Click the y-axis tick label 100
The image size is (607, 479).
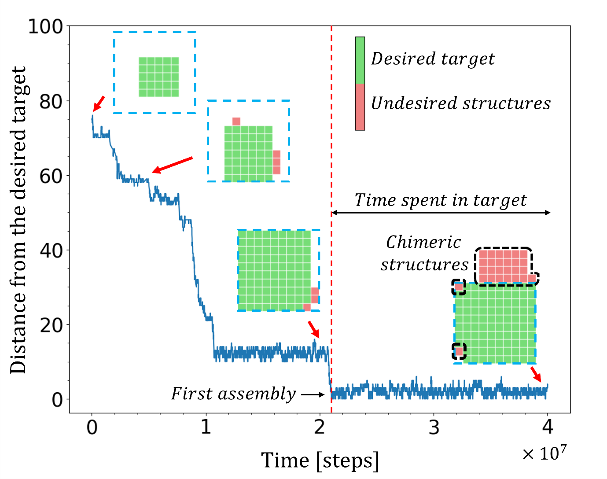point(46,26)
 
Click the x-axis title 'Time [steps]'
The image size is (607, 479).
point(320,461)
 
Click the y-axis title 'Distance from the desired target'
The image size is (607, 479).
point(18,220)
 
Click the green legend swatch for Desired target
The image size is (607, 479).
point(360,60)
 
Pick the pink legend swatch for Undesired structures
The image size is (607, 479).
point(360,107)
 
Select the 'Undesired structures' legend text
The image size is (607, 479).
point(461,103)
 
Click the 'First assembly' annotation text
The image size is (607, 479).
point(233,394)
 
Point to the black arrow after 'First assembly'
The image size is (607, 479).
point(313,395)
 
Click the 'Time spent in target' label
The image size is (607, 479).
point(441,200)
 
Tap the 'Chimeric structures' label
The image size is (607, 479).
point(424,254)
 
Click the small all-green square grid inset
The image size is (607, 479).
point(158,77)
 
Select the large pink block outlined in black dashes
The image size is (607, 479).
point(503,265)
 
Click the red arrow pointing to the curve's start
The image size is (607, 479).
point(99,104)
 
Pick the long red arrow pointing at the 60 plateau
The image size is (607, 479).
point(173,165)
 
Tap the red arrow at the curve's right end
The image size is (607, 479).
point(536,374)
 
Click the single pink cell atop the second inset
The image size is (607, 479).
point(236,122)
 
